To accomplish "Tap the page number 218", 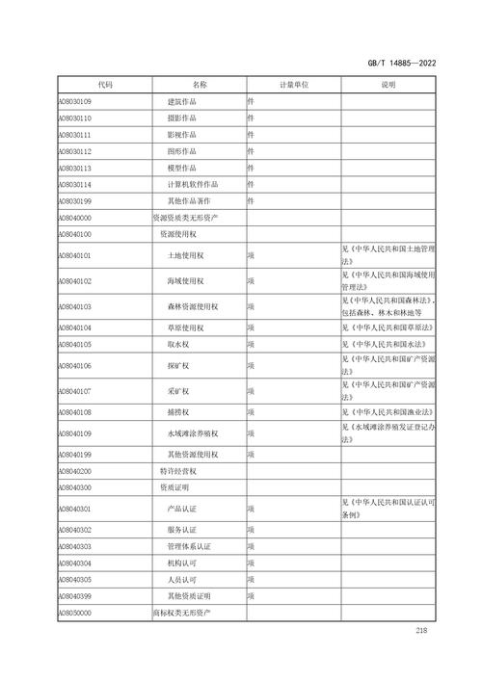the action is point(420,631).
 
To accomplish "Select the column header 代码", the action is point(104,85).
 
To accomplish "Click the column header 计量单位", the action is point(293,85).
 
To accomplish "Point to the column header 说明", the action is point(388,85).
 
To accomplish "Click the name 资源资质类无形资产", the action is point(185,218).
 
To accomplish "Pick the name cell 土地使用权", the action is point(185,256).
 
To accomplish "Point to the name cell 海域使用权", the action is point(185,281).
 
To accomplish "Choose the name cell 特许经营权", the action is point(178,472).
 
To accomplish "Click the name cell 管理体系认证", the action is point(189,546).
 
